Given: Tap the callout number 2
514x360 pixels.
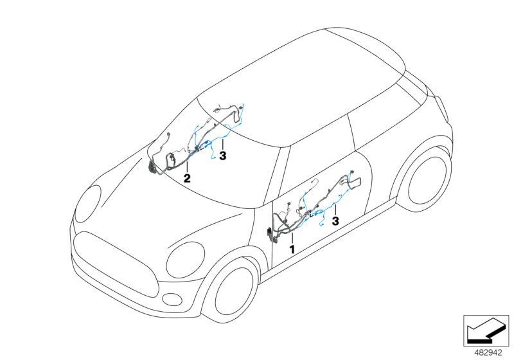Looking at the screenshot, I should point(187,177).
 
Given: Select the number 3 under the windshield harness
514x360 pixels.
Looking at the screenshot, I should point(222,156).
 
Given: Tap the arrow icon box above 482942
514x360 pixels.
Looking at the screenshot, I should point(488,328).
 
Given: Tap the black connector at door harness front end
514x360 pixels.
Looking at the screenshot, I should point(269,233).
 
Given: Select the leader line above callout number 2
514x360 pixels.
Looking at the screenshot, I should point(187,165).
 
